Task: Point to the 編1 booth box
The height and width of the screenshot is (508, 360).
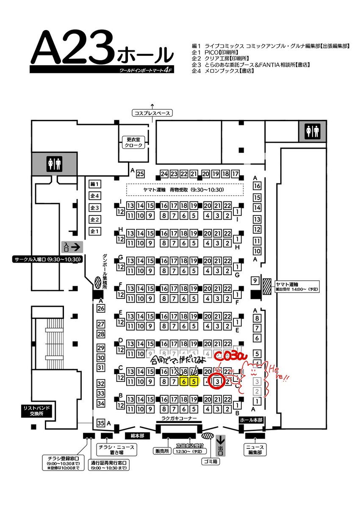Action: (94, 184)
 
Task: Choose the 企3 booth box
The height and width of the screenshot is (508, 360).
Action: (94, 208)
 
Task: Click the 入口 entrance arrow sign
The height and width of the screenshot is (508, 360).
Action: (72, 246)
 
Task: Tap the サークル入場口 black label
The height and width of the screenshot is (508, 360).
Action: (46, 259)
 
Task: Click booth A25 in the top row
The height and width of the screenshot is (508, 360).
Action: (141, 174)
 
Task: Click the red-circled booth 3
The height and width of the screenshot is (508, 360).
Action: (217, 381)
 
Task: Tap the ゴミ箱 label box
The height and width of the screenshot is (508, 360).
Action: (210, 461)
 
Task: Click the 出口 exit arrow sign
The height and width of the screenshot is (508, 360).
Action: (221, 447)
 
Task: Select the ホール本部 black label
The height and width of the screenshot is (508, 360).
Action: (252, 420)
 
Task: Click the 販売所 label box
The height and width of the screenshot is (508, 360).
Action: (162, 451)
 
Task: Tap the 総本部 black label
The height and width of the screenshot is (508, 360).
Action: (135, 435)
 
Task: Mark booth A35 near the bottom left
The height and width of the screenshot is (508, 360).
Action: (101, 423)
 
